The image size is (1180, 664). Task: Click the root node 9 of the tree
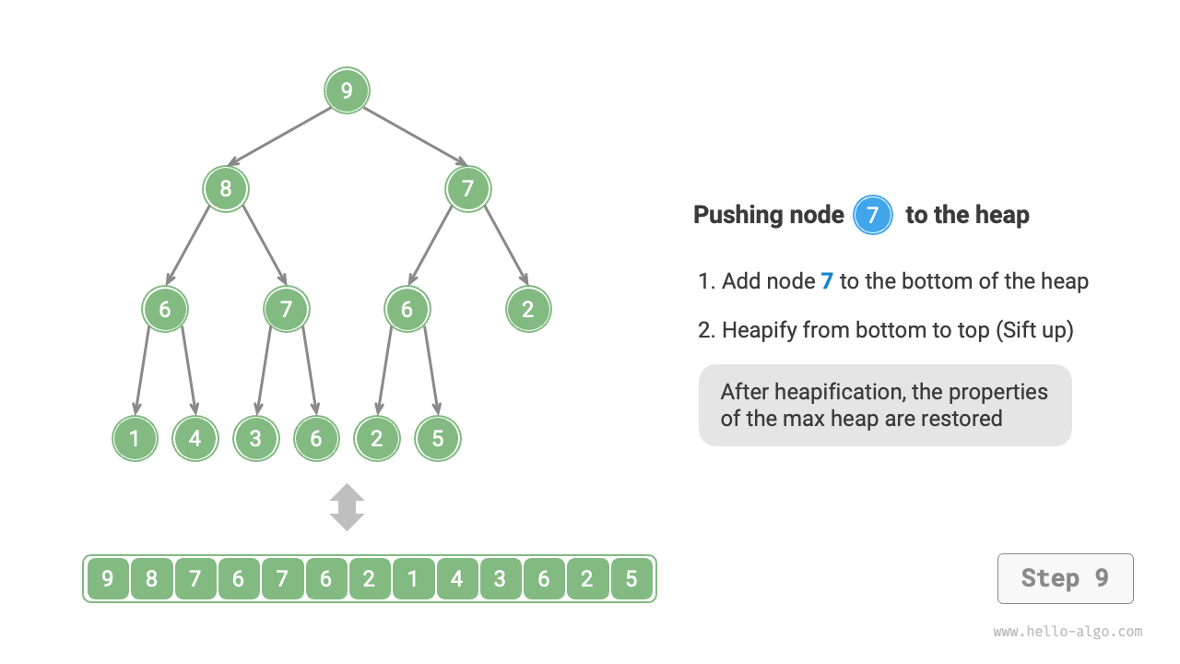coord(347,90)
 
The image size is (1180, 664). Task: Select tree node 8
coord(226,190)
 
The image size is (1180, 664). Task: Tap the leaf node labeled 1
coord(135,438)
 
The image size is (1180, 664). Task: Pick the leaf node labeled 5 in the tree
coord(437,438)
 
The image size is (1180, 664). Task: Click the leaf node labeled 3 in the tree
coord(255,438)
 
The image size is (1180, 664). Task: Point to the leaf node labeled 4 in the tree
coord(195,438)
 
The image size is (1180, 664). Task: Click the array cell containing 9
coord(108,579)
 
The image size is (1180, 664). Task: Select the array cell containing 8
coord(151,579)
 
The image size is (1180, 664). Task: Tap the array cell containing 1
coord(413,579)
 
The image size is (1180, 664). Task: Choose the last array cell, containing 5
coord(631,579)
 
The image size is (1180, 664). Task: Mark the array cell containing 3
coord(500,579)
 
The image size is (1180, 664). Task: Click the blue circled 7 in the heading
coord(873,216)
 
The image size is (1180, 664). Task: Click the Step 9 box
coord(1065,578)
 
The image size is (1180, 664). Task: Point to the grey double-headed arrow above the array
coord(347,507)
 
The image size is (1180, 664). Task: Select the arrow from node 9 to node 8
coord(279,136)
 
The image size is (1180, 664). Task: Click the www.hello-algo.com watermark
coord(1068,632)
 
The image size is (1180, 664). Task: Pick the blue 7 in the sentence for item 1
coord(827,281)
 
